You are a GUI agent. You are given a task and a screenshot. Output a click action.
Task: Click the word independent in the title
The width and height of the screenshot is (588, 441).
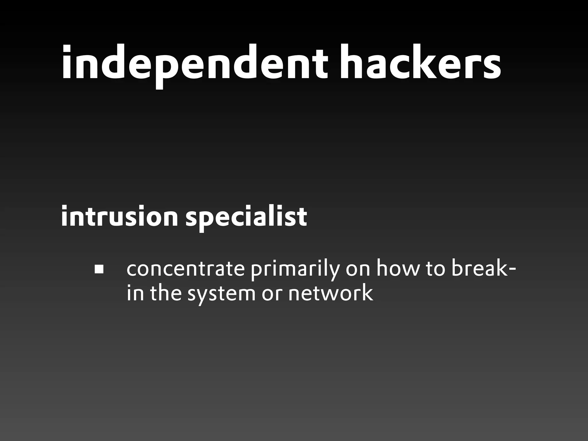coord(194,64)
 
